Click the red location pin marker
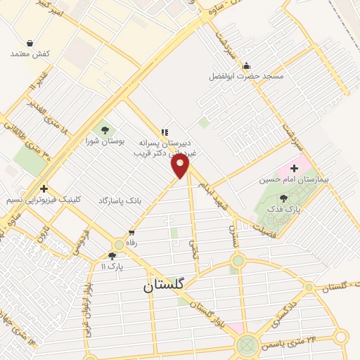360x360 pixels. [x=181, y=167]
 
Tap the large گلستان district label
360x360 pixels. [x=163, y=285]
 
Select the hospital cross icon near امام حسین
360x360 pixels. [x=294, y=169]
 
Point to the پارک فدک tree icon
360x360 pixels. [x=283, y=199]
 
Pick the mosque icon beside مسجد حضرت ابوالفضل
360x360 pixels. [x=246, y=66]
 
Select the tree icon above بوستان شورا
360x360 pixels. [x=105, y=129]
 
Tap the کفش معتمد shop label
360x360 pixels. [x=29, y=53]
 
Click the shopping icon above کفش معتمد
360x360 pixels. [x=30, y=43]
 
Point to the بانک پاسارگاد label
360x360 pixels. [x=119, y=200]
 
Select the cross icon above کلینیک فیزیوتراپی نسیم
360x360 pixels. [x=44, y=188]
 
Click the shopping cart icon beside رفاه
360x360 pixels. [x=131, y=232]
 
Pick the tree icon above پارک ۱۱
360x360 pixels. [x=112, y=256]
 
